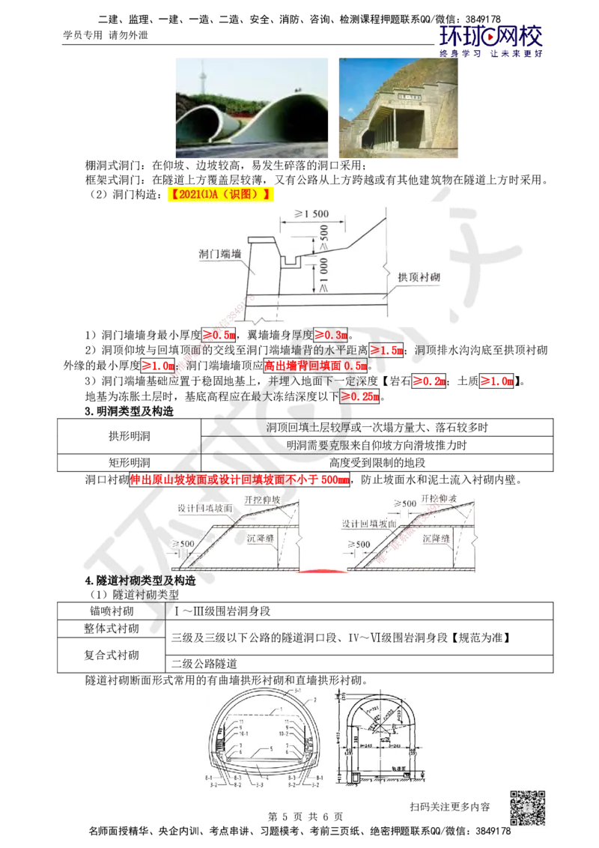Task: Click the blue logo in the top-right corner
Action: (x=490, y=39)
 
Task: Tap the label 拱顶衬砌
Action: (x=418, y=276)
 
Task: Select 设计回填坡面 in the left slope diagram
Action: (x=204, y=508)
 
